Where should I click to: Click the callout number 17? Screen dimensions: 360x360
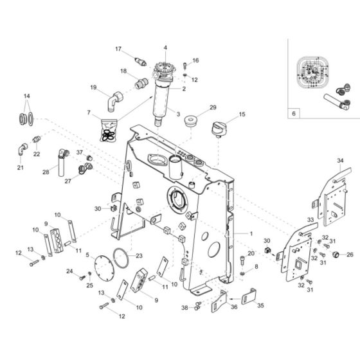click(118, 49)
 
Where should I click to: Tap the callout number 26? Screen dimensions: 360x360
click(350, 255)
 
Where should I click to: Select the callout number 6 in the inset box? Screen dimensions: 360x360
click(294, 113)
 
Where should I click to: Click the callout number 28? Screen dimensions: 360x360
click(46, 172)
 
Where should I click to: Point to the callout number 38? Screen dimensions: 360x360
click(184, 308)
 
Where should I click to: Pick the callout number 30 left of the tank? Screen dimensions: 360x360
click(98, 208)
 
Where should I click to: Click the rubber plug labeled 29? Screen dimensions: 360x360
click(190, 122)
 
